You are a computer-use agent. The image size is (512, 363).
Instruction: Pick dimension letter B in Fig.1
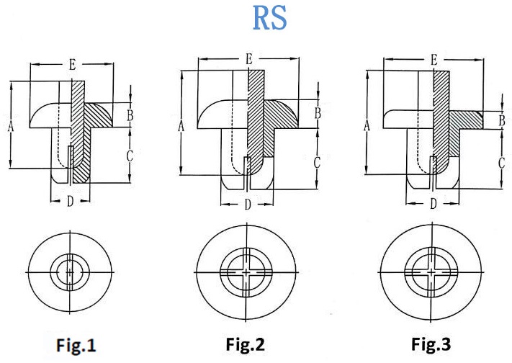point(130,115)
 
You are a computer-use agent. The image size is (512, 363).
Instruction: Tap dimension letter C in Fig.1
point(130,154)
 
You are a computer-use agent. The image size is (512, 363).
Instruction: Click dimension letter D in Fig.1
point(70,202)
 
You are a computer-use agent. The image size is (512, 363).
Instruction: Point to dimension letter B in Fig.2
point(317,113)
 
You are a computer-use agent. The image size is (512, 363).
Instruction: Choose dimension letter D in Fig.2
point(248,205)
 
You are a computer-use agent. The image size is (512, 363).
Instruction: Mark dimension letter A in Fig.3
point(367,126)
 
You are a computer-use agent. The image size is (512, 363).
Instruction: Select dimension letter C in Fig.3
point(502,163)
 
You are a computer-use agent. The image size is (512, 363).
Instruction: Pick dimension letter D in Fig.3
point(433,204)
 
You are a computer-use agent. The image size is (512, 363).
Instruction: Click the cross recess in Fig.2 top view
point(246,272)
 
